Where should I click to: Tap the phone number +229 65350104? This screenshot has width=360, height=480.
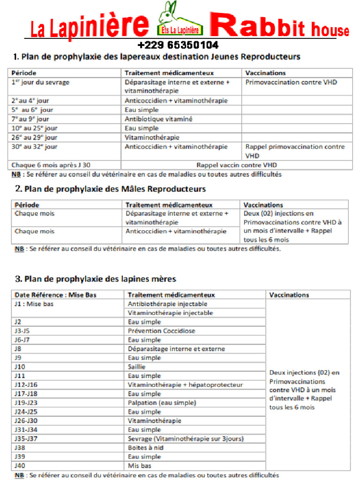click(178, 45)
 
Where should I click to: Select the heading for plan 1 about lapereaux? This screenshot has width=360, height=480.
click(157, 57)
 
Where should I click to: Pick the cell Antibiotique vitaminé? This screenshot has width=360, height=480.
click(158, 119)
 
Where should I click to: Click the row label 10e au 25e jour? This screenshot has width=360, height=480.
click(34, 128)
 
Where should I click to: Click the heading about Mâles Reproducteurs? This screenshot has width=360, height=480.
click(110, 189)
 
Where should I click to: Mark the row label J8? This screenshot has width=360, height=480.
click(18, 349)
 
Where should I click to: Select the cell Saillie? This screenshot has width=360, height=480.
click(136, 367)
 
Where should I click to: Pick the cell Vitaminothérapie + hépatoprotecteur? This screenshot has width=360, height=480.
click(185, 385)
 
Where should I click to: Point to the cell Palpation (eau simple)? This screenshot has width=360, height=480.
click(162, 403)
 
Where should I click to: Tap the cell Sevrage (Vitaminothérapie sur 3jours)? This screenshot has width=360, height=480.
click(186, 439)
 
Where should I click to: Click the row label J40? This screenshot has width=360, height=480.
click(20, 465)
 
